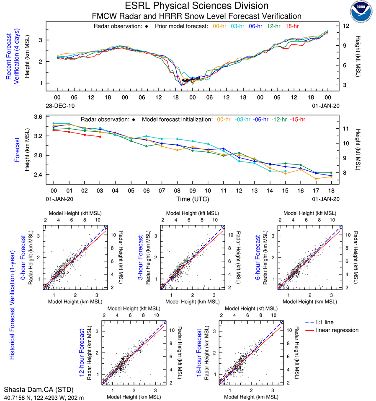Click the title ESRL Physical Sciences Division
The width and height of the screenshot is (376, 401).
point(197,6)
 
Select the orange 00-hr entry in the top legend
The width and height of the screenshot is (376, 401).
point(220,26)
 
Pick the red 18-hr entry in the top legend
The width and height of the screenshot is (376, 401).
point(292,26)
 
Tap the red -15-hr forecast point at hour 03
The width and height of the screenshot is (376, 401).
point(100,137)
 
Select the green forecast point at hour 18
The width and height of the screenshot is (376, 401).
point(331,173)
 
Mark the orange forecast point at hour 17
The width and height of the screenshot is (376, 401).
point(316,179)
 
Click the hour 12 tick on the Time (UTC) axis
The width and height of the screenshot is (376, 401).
point(240,190)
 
